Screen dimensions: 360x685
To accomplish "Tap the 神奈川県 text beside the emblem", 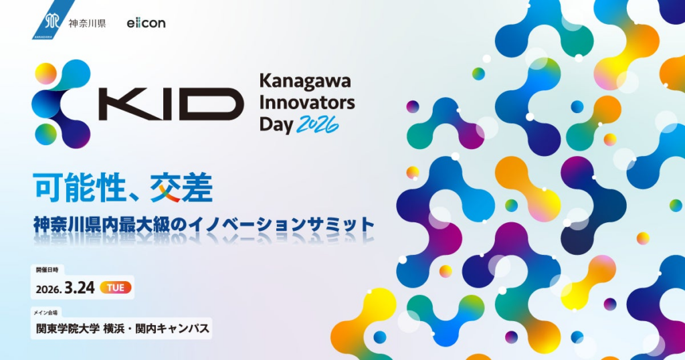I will (87, 23).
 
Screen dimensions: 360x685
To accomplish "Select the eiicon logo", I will (146, 23).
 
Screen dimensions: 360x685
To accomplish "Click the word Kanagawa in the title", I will (304, 82).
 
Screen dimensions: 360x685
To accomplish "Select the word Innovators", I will (307, 104).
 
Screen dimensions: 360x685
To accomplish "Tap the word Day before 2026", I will (276, 125).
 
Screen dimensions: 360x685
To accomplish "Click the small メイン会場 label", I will (47, 311).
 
